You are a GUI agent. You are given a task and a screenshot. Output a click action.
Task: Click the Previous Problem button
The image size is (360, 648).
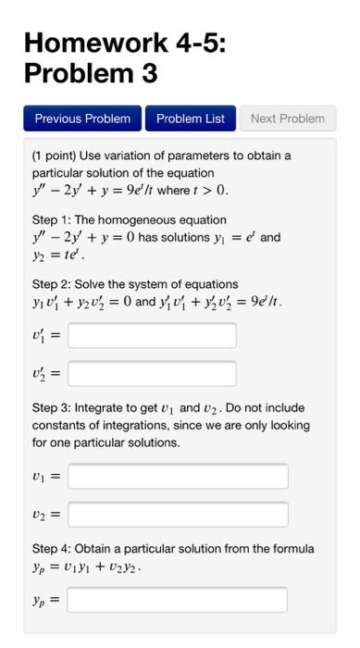tap(83, 118)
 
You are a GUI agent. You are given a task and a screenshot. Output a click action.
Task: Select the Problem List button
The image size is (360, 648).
tap(190, 118)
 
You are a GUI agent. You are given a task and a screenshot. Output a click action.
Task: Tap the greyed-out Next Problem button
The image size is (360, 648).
tap(288, 118)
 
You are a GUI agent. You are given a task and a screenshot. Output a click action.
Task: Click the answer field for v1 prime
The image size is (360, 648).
tap(152, 335)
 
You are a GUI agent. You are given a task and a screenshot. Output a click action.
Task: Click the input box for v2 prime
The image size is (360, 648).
tap(152, 374)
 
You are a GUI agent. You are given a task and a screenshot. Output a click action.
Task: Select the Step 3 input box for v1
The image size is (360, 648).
tap(178, 477)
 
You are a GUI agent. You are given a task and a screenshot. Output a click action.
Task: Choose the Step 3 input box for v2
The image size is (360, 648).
tap(178, 515)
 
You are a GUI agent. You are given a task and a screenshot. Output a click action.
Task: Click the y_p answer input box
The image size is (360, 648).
tap(178, 600)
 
